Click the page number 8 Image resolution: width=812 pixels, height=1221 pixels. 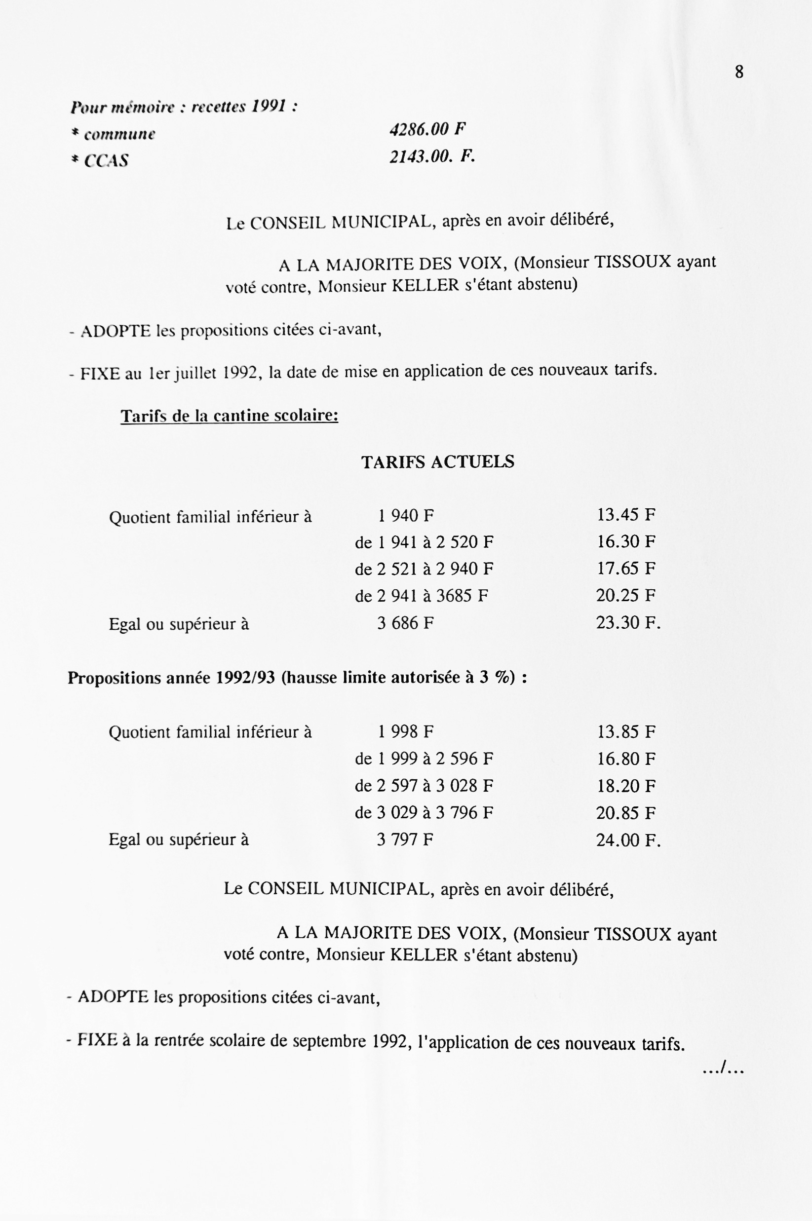pos(739,72)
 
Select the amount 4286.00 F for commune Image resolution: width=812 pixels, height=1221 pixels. pos(428,129)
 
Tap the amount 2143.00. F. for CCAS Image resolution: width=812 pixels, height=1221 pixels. pos(432,156)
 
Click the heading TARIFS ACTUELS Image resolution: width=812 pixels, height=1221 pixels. pos(437,462)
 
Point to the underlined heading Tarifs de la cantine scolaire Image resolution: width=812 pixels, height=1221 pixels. pos(230,416)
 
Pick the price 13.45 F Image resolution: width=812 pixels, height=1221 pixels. pos(626,515)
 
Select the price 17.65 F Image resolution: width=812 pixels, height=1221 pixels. pos(626,569)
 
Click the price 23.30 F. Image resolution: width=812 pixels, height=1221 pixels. pos(628,622)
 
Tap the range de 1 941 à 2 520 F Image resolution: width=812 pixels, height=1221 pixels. pos(424,542)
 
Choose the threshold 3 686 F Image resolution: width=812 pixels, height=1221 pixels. pos(405,623)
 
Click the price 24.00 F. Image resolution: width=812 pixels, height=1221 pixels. pos(628,840)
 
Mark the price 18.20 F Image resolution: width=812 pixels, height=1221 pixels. pos(626,786)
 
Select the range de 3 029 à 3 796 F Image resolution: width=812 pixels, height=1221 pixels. pos(424,813)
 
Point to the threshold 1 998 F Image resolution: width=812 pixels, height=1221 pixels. pos(405,732)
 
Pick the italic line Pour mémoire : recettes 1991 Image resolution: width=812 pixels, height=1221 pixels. pos(184,107)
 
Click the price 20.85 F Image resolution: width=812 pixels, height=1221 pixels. pos(626,813)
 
